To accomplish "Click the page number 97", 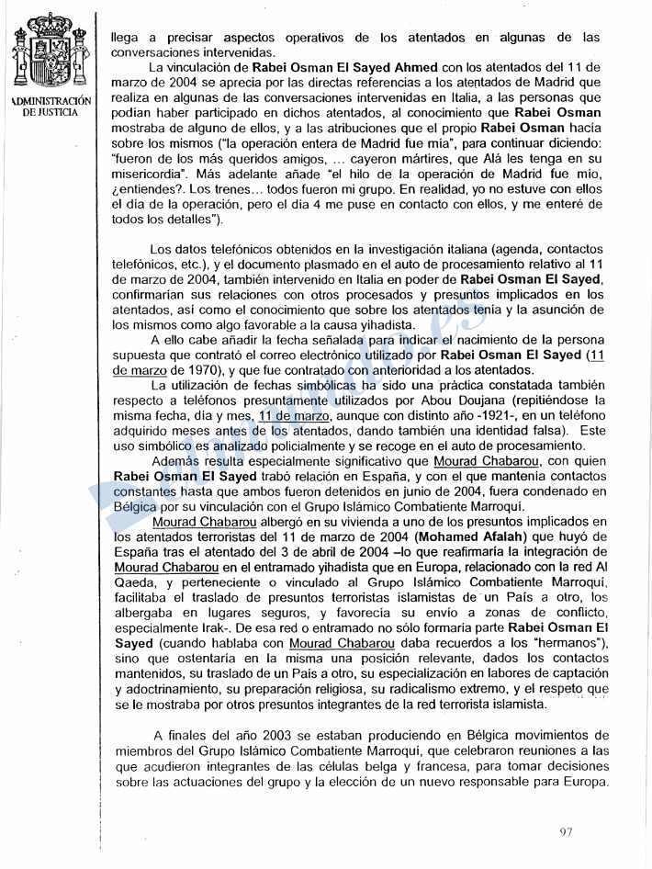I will tap(566, 832).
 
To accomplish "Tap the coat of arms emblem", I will tap(51, 55).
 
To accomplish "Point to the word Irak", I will tap(206, 629).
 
